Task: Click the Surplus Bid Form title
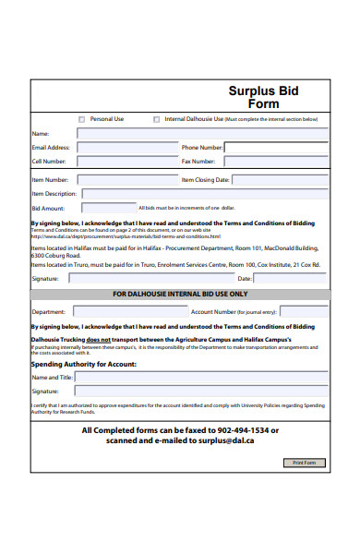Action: click(263, 97)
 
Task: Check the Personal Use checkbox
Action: click(81, 119)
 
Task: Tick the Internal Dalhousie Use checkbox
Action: click(156, 119)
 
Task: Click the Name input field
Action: click(201, 133)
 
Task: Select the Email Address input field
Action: click(126, 147)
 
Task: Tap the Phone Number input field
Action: click(276, 147)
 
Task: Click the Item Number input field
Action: click(127, 180)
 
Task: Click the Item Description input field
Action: click(203, 194)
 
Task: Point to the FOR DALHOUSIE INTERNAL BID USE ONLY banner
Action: click(180, 294)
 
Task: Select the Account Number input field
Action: click(304, 311)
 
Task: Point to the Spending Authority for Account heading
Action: click(84, 364)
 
